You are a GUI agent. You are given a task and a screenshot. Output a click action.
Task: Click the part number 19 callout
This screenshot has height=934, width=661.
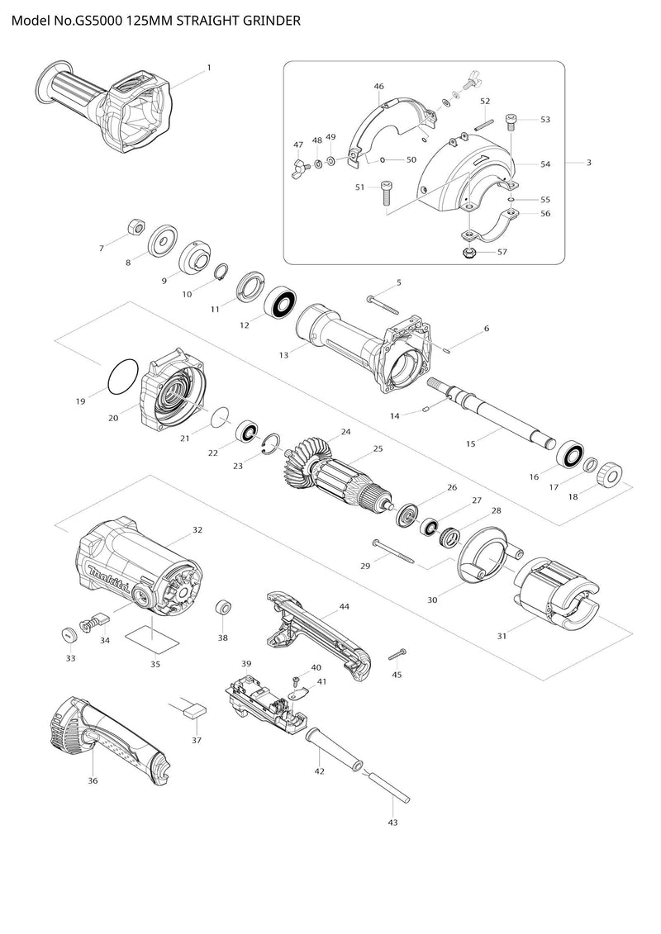coord(80,401)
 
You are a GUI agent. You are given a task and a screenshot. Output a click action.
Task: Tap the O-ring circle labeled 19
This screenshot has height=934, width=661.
coord(122,377)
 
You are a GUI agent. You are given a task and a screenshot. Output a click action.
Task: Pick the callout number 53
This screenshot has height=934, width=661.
coord(545,120)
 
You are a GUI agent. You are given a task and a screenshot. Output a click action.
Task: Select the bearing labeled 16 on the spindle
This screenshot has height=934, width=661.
coord(569,454)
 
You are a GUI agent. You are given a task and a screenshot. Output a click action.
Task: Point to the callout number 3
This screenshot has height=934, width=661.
coord(588,163)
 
